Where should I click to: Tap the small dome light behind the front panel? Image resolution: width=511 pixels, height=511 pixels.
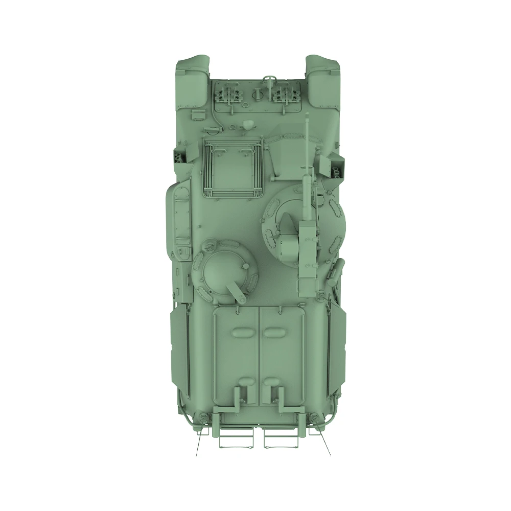248,124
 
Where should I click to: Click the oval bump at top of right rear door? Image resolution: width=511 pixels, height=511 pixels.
274,332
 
